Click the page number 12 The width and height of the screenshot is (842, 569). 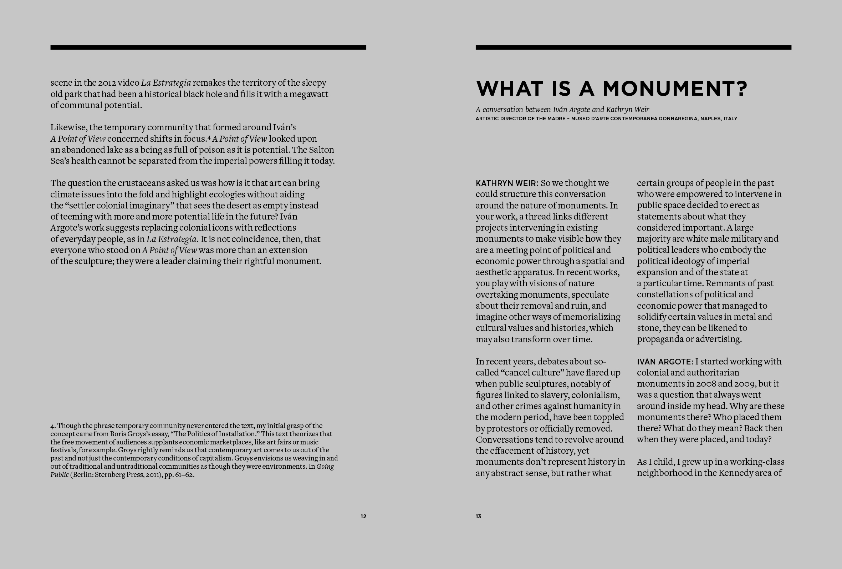363,517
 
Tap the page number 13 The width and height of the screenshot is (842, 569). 478,517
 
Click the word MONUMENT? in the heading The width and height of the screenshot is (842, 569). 675,89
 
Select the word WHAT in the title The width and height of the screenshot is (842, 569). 509,89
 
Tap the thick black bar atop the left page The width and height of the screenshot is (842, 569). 208,47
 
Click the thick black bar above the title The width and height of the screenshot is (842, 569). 633,47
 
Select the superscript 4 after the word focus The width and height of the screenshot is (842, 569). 209,137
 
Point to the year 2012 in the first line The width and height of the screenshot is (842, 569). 107,83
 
